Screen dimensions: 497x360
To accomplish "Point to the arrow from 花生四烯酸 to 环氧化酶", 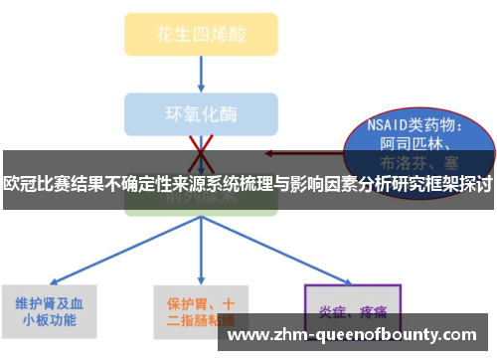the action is point(202,73).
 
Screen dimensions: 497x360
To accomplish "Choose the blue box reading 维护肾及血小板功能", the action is point(50,309).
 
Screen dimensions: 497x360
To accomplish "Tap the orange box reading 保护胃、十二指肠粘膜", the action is point(202,309).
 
